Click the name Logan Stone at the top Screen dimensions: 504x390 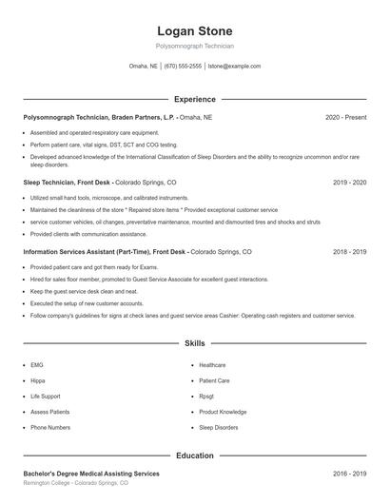click(x=194, y=30)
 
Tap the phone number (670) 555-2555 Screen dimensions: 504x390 click(x=183, y=67)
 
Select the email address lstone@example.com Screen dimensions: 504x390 click(x=234, y=67)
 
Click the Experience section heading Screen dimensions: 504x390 click(x=194, y=99)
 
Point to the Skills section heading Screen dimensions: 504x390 click(x=194, y=342)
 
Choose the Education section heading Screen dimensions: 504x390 click(x=194, y=456)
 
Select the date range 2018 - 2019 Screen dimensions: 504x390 click(x=349, y=252)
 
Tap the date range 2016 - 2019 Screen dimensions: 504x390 click(x=349, y=473)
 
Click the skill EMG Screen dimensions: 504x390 click(x=37, y=364)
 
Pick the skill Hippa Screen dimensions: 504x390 click(x=38, y=380)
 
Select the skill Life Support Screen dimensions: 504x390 click(x=45, y=396)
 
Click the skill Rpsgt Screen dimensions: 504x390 click(x=206, y=396)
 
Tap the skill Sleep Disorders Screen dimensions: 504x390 click(x=219, y=428)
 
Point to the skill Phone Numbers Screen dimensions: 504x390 click(x=49, y=428)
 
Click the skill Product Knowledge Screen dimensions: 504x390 click(x=223, y=412)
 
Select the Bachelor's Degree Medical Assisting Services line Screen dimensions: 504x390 click(x=91, y=473)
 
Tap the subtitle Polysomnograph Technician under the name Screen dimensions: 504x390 click(x=194, y=46)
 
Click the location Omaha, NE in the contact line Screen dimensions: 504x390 click(x=144, y=67)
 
